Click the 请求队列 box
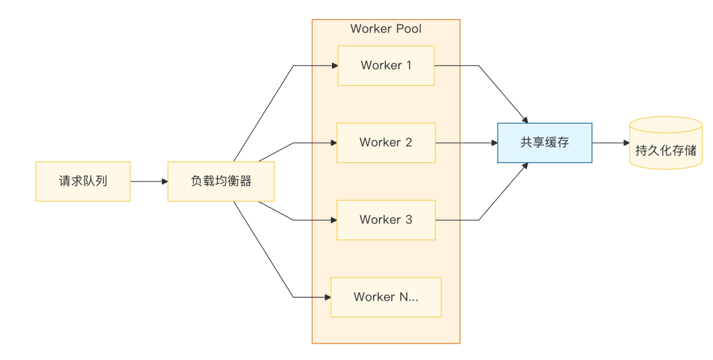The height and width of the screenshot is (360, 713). pos(83,181)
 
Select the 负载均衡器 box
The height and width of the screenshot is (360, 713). pos(221,181)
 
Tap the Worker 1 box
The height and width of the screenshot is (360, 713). pos(386,65)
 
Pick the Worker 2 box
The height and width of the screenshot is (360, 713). pos(386,143)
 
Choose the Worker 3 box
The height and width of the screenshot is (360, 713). pos(386,220)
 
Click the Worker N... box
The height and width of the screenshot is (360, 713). pos(386,297)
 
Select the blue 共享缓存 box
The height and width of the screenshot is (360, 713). pos(545,143)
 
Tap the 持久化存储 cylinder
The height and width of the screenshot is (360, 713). pos(665,143)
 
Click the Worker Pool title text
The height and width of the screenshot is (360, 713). pos(386,28)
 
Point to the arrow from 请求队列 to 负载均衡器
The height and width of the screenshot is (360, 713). pos(149,182)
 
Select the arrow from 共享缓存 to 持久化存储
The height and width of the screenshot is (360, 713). pos(611,143)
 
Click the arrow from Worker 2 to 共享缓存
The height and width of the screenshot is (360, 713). pos(467,143)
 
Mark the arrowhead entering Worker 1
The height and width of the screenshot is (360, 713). pos(335,65)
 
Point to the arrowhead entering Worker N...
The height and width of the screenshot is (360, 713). pos(328,297)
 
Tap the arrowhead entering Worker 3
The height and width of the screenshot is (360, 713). pos(334,220)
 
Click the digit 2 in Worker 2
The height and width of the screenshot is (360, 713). pos(409,143)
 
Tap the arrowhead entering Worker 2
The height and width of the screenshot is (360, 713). pos(334,143)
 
